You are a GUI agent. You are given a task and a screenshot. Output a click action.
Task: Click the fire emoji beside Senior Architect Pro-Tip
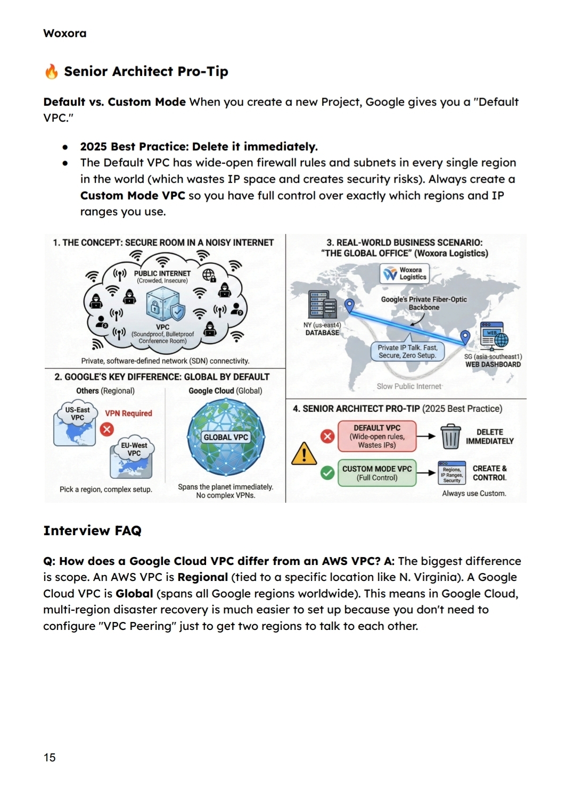[51, 71]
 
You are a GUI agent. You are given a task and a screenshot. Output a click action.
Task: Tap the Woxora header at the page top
[64, 34]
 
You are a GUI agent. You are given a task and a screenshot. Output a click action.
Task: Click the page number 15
[50, 758]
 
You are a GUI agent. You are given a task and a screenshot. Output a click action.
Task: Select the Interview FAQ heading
[92, 530]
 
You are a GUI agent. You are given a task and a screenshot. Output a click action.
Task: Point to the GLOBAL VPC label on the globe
[226, 437]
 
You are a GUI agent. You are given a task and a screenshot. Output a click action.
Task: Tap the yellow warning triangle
[304, 454]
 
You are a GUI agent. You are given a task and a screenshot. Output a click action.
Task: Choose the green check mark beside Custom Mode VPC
[327, 472]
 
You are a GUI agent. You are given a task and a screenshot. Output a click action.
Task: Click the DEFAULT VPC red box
[377, 436]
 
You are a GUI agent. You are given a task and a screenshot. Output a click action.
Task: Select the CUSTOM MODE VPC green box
[377, 473]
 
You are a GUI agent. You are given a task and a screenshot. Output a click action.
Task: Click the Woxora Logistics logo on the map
[405, 273]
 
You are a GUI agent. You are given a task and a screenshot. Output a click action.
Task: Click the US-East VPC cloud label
[78, 414]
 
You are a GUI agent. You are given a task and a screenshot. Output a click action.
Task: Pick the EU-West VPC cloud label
[134, 449]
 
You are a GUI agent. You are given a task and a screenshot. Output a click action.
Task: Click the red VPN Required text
[128, 413]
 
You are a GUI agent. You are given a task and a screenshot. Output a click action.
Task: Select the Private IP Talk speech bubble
[407, 351]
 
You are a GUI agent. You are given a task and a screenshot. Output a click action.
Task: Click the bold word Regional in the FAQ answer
[203, 577]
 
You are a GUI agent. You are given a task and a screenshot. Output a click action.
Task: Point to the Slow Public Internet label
[409, 386]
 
